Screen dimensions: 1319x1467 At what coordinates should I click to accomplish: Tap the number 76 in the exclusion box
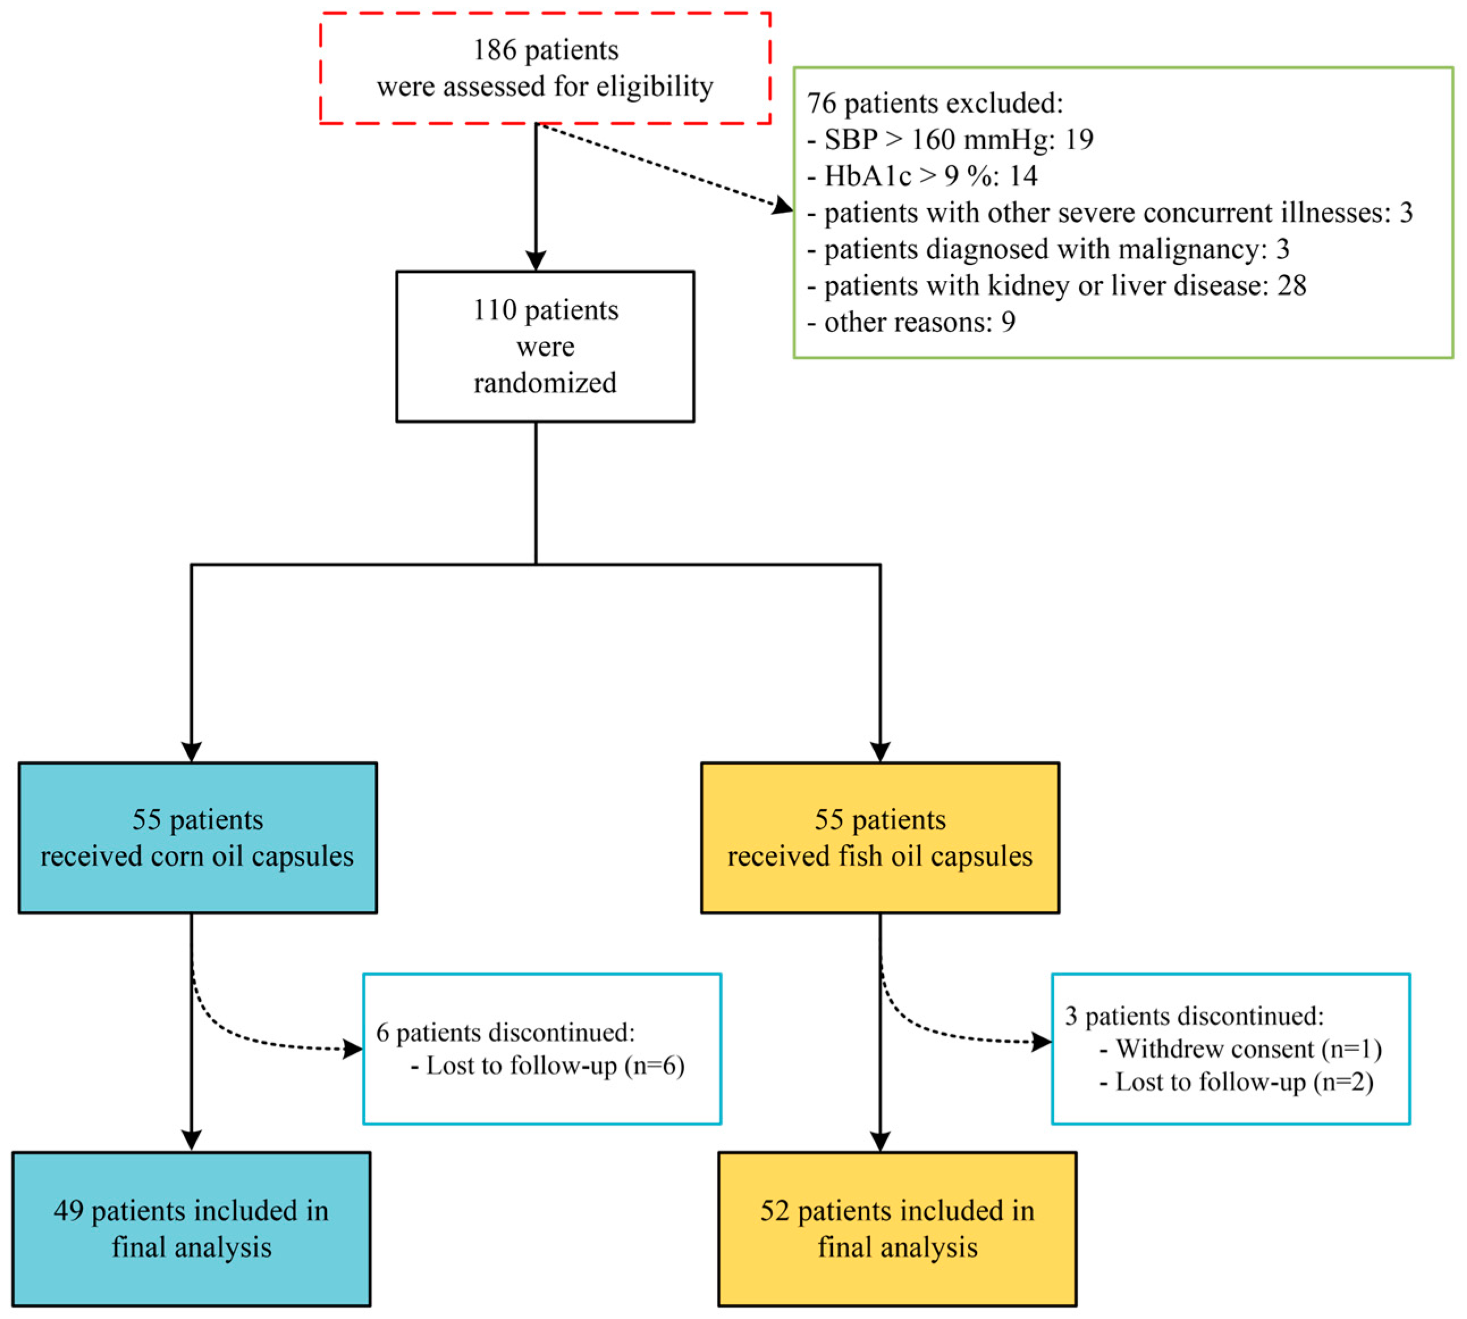[822, 104]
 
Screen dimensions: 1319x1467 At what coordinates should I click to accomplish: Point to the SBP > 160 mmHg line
[950, 139]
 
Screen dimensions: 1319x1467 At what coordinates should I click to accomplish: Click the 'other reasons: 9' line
[911, 322]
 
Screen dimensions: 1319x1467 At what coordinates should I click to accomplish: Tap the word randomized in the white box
[545, 383]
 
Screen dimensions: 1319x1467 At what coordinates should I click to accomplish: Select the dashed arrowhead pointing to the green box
[783, 206]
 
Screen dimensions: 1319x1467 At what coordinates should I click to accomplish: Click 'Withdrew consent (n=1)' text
[1248, 1049]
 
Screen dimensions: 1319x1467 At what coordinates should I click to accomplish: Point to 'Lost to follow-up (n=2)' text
[1243, 1082]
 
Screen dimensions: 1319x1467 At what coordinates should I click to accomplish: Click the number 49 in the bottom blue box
[68, 1211]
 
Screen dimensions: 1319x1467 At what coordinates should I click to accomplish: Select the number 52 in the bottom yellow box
[774, 1211]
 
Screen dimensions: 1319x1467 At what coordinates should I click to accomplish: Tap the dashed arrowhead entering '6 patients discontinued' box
[353, 1049]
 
